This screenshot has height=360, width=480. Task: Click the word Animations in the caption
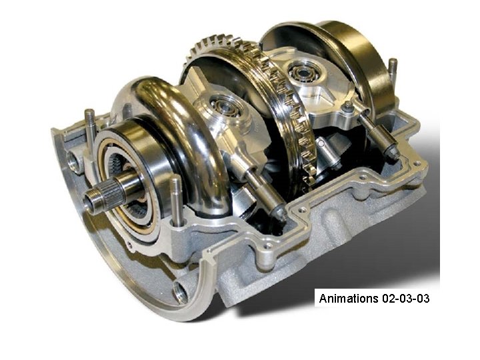pos(349,298)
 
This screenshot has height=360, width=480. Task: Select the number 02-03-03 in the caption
pos(405,298)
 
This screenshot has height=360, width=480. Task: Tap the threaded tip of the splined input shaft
pos(94,197)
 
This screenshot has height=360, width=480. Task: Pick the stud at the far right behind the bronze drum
pos(393,73)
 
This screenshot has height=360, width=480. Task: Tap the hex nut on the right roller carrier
pos(347,107)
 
